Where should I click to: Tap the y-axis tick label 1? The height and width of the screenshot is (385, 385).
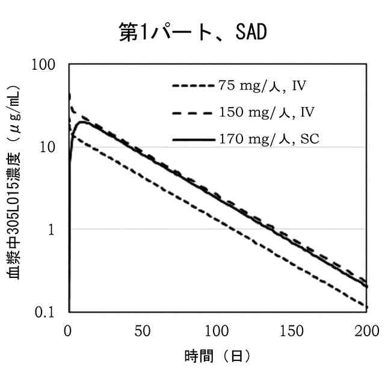[58, 230]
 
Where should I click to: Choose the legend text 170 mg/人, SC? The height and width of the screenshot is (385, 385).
[268, 139]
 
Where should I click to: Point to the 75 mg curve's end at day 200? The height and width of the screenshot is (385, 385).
[366, 307]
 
